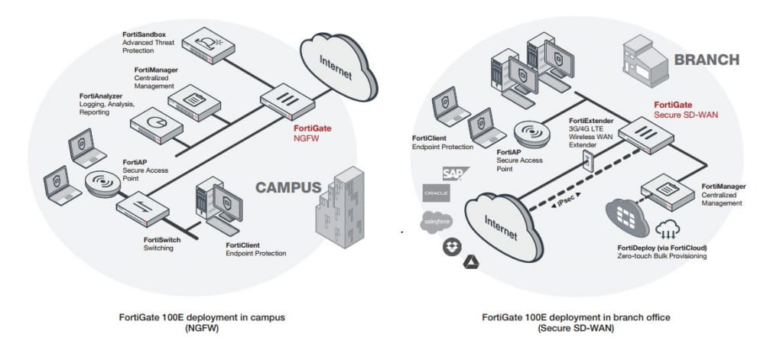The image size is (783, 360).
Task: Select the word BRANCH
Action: tap(705, 60)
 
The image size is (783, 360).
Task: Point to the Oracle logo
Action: tap(436, 194)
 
